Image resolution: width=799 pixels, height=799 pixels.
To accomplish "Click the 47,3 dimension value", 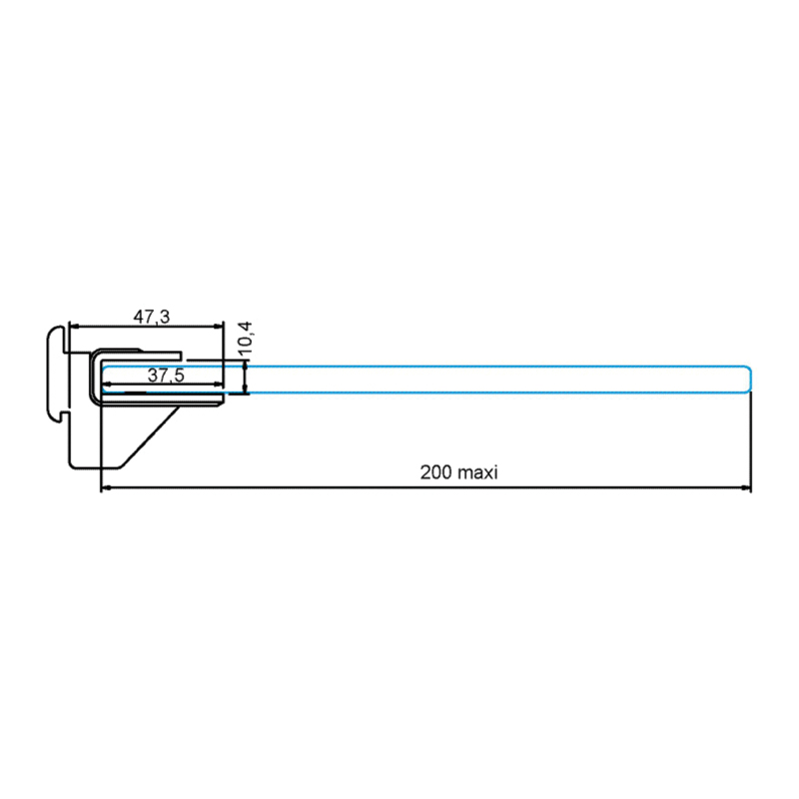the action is [152, 318].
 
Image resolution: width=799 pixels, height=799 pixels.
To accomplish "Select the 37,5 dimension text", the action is [166, 376].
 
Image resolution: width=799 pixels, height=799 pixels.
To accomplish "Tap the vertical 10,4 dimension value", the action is [246, 338].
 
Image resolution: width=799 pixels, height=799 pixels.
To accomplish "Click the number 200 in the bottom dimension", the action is [435, 472].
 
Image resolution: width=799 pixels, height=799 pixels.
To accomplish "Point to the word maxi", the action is [476, 472].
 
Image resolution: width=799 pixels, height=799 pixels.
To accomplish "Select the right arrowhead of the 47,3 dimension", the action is [219, 327].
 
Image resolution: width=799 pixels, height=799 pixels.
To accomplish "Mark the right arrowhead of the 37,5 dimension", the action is [218, 385].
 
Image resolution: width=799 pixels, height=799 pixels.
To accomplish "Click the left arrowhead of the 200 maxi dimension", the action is [107, 488].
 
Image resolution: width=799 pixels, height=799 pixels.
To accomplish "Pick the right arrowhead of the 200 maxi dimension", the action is [745, 488].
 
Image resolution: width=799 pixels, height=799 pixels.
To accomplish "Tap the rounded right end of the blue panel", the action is [748, 380].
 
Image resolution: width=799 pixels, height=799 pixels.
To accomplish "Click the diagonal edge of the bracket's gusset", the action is [150, 436].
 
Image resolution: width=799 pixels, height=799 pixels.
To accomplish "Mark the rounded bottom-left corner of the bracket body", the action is [74, 463].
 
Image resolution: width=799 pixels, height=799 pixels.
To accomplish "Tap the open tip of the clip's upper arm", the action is [180, 356].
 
